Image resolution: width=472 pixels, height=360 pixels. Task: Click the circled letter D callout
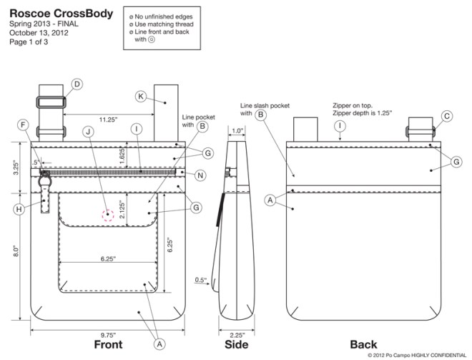tap(77, 84)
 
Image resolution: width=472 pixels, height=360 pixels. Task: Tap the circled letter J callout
tap(88, 131)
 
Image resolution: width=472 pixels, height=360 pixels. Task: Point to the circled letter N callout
tap(200, 175)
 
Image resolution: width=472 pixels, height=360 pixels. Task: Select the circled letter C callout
tap(447, 115)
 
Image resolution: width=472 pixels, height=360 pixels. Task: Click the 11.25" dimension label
tap(109, 119)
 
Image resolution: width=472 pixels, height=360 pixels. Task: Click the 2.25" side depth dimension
tap(238, 334)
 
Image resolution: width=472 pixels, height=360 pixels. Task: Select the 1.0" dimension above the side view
tap(238, 130)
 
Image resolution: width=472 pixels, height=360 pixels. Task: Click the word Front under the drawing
tap(113, 345)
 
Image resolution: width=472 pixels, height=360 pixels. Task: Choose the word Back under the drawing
tap(363, 345)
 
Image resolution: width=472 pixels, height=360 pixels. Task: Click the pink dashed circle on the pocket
tap(109, 214)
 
